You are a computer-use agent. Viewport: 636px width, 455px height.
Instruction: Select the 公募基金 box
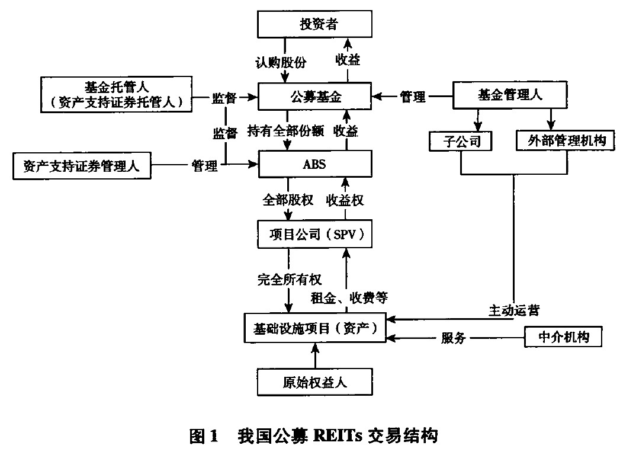tap(316, 95)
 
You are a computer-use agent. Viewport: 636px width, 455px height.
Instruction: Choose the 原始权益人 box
tap(316, 382)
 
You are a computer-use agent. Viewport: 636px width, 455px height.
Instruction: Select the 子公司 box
tap(460, 140)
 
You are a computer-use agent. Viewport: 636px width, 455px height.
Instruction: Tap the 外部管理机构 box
tap(562, 140)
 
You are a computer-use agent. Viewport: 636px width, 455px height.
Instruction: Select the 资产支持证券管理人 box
tap(82, 166)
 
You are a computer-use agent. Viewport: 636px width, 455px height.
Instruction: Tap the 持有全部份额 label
tap(286, 131)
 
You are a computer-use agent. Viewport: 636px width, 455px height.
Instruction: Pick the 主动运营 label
tap(513, 310)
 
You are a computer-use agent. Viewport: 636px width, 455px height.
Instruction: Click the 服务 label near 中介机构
tap(454, 338)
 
